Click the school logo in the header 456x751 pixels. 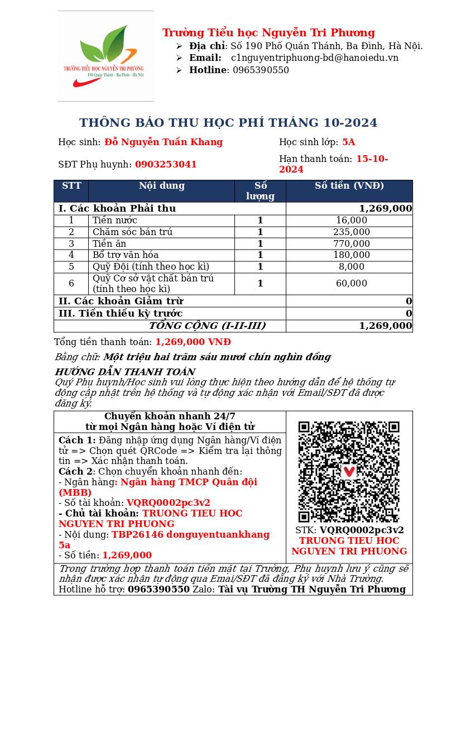[x=105, y=56]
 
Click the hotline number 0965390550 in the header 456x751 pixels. [x=261, y=70]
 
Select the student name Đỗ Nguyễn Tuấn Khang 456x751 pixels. [x=164, y=142]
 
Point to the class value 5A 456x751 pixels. [x=348, y=142]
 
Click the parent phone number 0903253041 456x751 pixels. [x=166, y=165]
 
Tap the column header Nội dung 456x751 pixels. [x=161, y=186]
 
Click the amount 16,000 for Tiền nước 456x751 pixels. [x=351, y=221]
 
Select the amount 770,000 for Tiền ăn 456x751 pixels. [x=351, y=244]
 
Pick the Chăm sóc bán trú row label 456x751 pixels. [x=132, y=232]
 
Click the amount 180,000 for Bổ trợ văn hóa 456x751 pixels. [x=351, y=255]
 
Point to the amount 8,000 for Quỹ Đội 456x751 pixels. [x=351, y=267]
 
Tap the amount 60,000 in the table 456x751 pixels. [x=351, y=284]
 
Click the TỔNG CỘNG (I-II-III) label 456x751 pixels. [x=207, y=326]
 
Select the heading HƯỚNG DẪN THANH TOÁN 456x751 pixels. [x=124, y=372]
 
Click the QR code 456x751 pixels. [x=349, y=472]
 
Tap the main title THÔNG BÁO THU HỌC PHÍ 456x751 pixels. [x=228, y=123]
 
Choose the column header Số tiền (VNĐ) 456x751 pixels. [x=349, y=186]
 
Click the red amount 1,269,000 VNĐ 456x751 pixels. [x=193, y=342]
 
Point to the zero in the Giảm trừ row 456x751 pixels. [x=409, y=302]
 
